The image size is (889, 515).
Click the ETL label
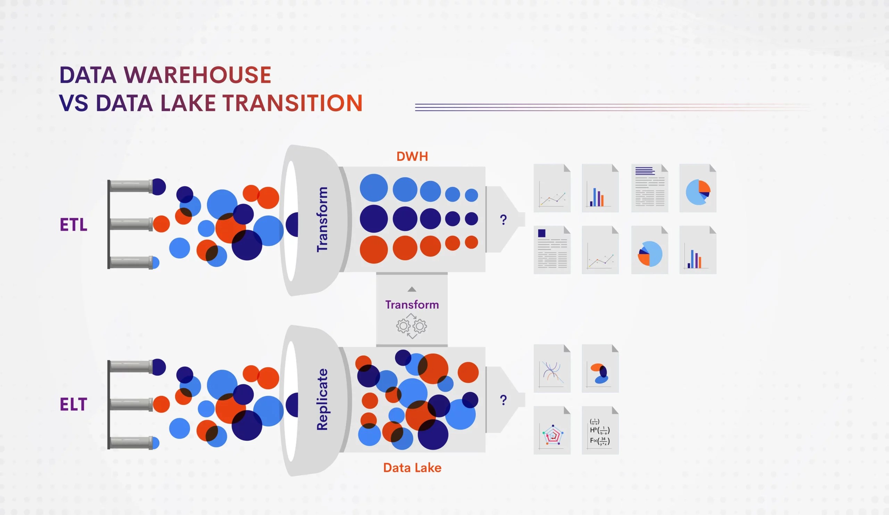pyautogui.click(x=73, y=224)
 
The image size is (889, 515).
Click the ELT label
pyautogui.click(x=73, y=404)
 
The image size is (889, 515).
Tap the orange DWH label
pyautogui.click(x=412, y=156)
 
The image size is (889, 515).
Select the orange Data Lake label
pyautogui.click(x=412, y=468)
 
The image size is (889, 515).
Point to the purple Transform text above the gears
pyautogui.click(x=412, y=305)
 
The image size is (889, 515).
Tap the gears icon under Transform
pyautogui.click(x=412, y=326)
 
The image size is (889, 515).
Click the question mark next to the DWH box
pyautogui.click(x=504, y=220)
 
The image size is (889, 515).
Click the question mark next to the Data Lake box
pyautogui.click(x=504, y=400)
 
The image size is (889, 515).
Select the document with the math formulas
pyautogui.click(x=600, y=431)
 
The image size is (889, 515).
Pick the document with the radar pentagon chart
pyautogui.click(x=552, y=431)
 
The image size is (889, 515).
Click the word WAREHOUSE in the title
pyautogui.click(x=197, y=75)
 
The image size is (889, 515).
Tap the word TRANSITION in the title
pyautogui.click(x=292, y=103)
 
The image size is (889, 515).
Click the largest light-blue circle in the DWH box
pyautogui.click(x=374, y=188)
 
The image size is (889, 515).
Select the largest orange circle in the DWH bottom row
pyautogui.click(x=374, y=249)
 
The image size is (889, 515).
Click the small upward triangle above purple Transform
pyautogui.click(x=412, y=289)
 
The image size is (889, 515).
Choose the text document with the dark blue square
pyautogui.click(x=552, y=250)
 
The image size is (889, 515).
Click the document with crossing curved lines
pyautogui.click(x=552, y=368)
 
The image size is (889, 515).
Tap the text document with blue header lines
pyautogui.click(x=649, y=188)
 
